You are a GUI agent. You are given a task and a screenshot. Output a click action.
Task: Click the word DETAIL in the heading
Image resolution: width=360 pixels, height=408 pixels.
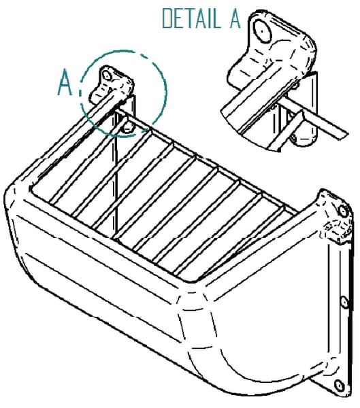(x=192, y=18)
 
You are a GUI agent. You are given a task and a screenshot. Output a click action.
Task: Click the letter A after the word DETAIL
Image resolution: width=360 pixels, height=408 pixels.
(x=235, y=18)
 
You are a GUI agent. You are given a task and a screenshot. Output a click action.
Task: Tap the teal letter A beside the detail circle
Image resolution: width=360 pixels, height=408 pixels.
(x=65, y=83)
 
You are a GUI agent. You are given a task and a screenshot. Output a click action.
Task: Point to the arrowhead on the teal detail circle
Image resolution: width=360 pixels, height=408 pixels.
(x=144, y=131)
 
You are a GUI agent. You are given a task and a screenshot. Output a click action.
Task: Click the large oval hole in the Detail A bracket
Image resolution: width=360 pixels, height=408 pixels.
(x=262, y=31)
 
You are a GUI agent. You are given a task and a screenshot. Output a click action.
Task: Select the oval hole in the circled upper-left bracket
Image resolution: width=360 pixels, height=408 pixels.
(x=107, y=75)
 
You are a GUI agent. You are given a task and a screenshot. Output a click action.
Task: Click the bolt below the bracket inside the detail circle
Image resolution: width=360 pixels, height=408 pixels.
(x=128, y=128)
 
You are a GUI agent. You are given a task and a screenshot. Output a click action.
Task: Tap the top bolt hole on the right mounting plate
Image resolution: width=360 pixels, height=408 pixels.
(x=344, y=211)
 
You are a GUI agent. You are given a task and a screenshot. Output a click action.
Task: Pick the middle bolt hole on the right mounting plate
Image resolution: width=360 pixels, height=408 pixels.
(x=344, y=303)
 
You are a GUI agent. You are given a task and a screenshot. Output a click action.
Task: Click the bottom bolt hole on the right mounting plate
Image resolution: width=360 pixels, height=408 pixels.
(x=339, y=386)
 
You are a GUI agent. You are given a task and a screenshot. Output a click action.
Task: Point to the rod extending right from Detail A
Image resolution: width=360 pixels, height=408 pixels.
(x=315, y=118)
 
